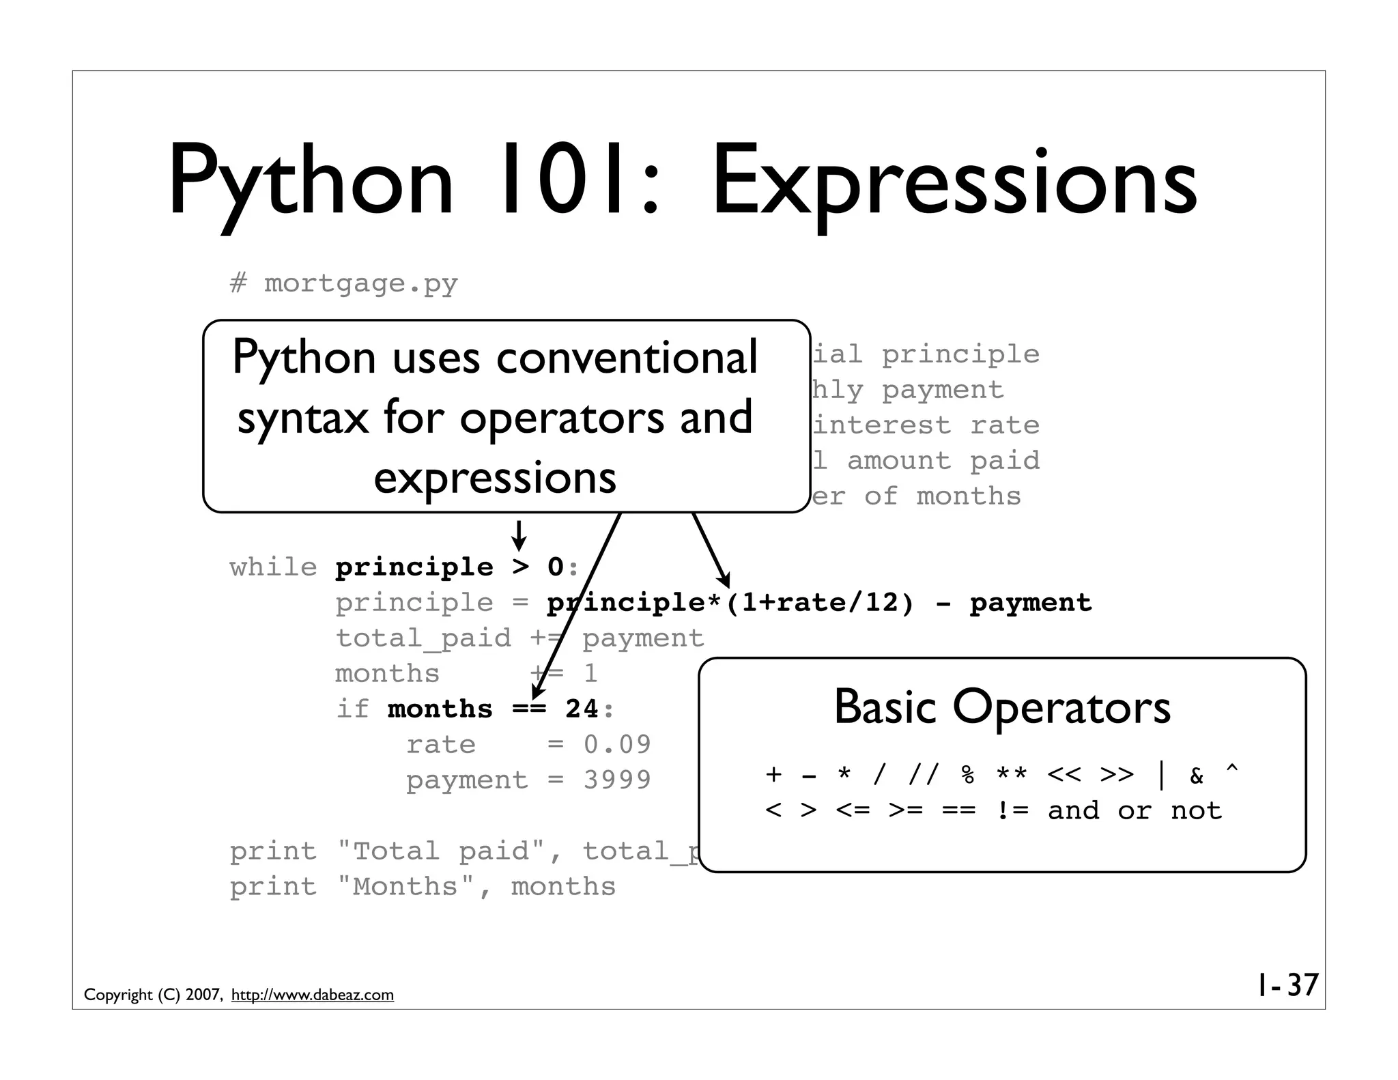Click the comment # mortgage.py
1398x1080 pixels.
tap(343, 283)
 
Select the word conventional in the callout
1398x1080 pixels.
tap(627, 358)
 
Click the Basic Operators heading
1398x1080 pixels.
tap(1001, 707)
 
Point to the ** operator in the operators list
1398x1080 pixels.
tap(1011, 775)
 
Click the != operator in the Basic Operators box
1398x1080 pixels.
tap(1012, 810)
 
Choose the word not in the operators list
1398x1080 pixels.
tap(1196, 810)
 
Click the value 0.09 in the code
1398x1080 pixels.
tap(617, 744)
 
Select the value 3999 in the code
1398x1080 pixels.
tap(617, 780)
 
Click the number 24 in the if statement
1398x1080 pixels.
tap(582, 709)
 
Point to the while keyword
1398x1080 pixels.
tap(273, 567)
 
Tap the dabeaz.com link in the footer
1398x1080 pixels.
tap(313, 995)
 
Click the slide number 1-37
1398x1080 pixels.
tap(1287, 985)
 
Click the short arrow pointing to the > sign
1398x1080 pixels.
tap(519, 536)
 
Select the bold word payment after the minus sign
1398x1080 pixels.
tap(1030, 603)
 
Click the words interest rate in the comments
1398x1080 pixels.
tap(926, 425)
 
